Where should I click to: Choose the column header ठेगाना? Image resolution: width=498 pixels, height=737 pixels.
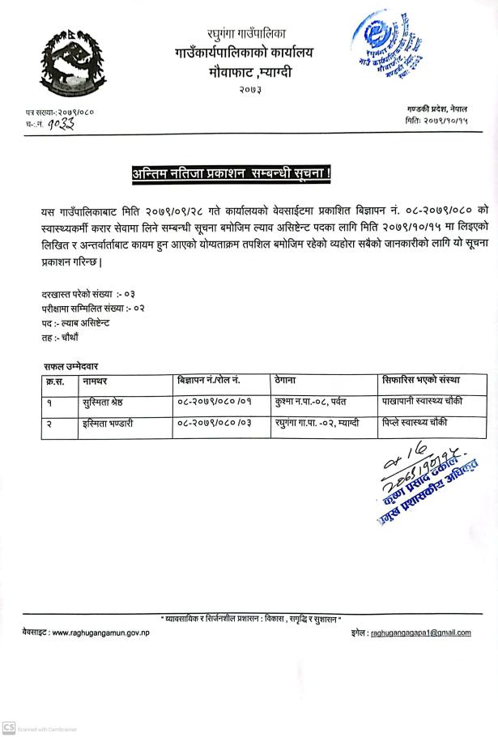(288, 380)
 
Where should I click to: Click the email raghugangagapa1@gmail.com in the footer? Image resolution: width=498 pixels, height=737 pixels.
(420, 633)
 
